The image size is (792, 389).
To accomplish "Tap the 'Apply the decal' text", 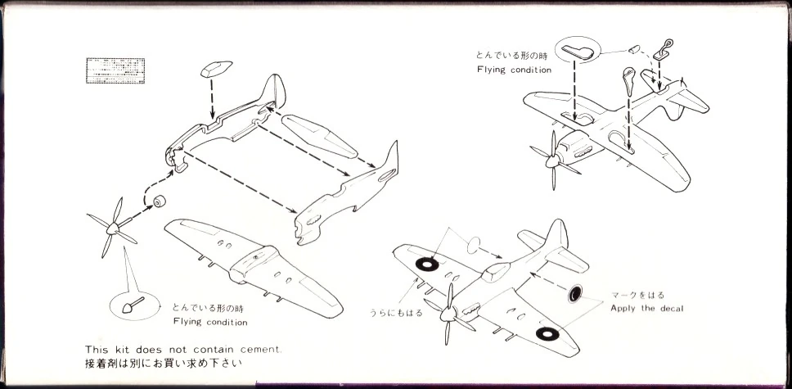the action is (646, 308).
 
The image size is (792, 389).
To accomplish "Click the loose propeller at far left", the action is (112, 230).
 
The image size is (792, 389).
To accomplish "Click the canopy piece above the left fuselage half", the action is (215, 69).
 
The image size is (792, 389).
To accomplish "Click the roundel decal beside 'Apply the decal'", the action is (576, 293).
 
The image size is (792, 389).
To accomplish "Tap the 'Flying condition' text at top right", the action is (514, 70).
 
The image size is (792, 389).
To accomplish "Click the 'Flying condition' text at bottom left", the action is (209, 322).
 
